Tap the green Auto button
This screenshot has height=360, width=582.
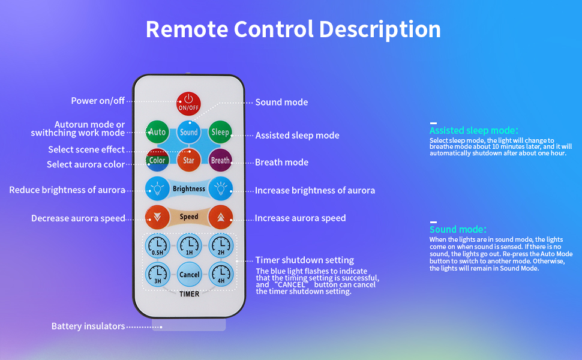tap(157, 131)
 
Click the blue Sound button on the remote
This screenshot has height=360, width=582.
tap(189, 131)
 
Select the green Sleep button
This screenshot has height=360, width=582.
tap(220, 131)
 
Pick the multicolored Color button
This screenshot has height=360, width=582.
tap(157, 160)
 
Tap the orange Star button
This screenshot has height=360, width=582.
tap(189, 160)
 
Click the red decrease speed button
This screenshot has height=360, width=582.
tap(157, 217)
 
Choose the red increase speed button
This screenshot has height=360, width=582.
tap(220, 217)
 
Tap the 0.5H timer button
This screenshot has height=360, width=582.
tap(157, 246)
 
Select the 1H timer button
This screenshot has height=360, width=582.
tap(189, 246)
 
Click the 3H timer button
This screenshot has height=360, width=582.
tap(157, 274)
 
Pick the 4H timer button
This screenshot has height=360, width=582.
tap(220, 274)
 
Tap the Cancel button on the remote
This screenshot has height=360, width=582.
tap(189, 274)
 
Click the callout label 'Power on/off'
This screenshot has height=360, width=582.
tap(98, 101)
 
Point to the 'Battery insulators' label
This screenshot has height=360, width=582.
tap(88, 326)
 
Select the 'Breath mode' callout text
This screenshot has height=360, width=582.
tap(281, 162)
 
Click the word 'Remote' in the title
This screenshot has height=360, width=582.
tap(187, 29)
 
